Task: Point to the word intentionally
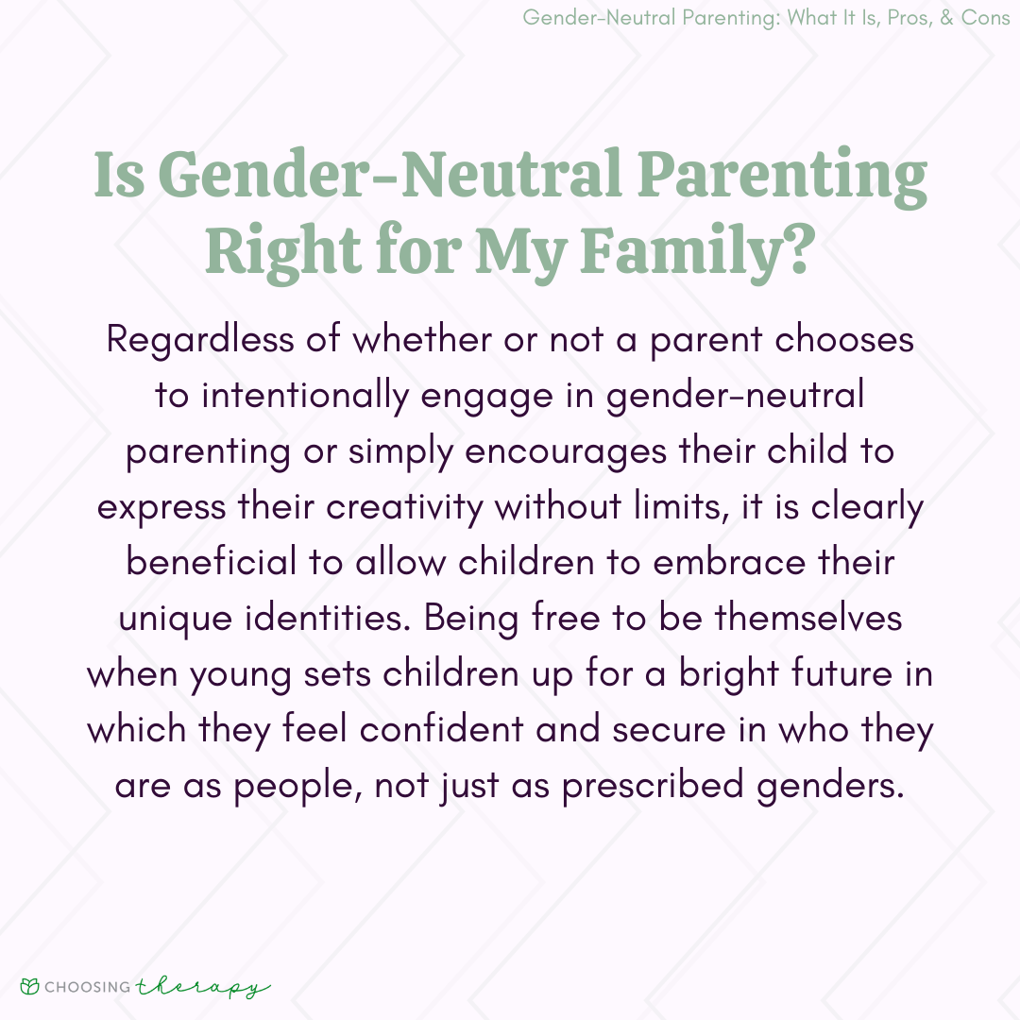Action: [x=304, y=396]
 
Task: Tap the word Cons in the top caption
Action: [x=985, y=18]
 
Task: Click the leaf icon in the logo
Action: [x=31, y=987]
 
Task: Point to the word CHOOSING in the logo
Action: [x=89, y=987]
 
